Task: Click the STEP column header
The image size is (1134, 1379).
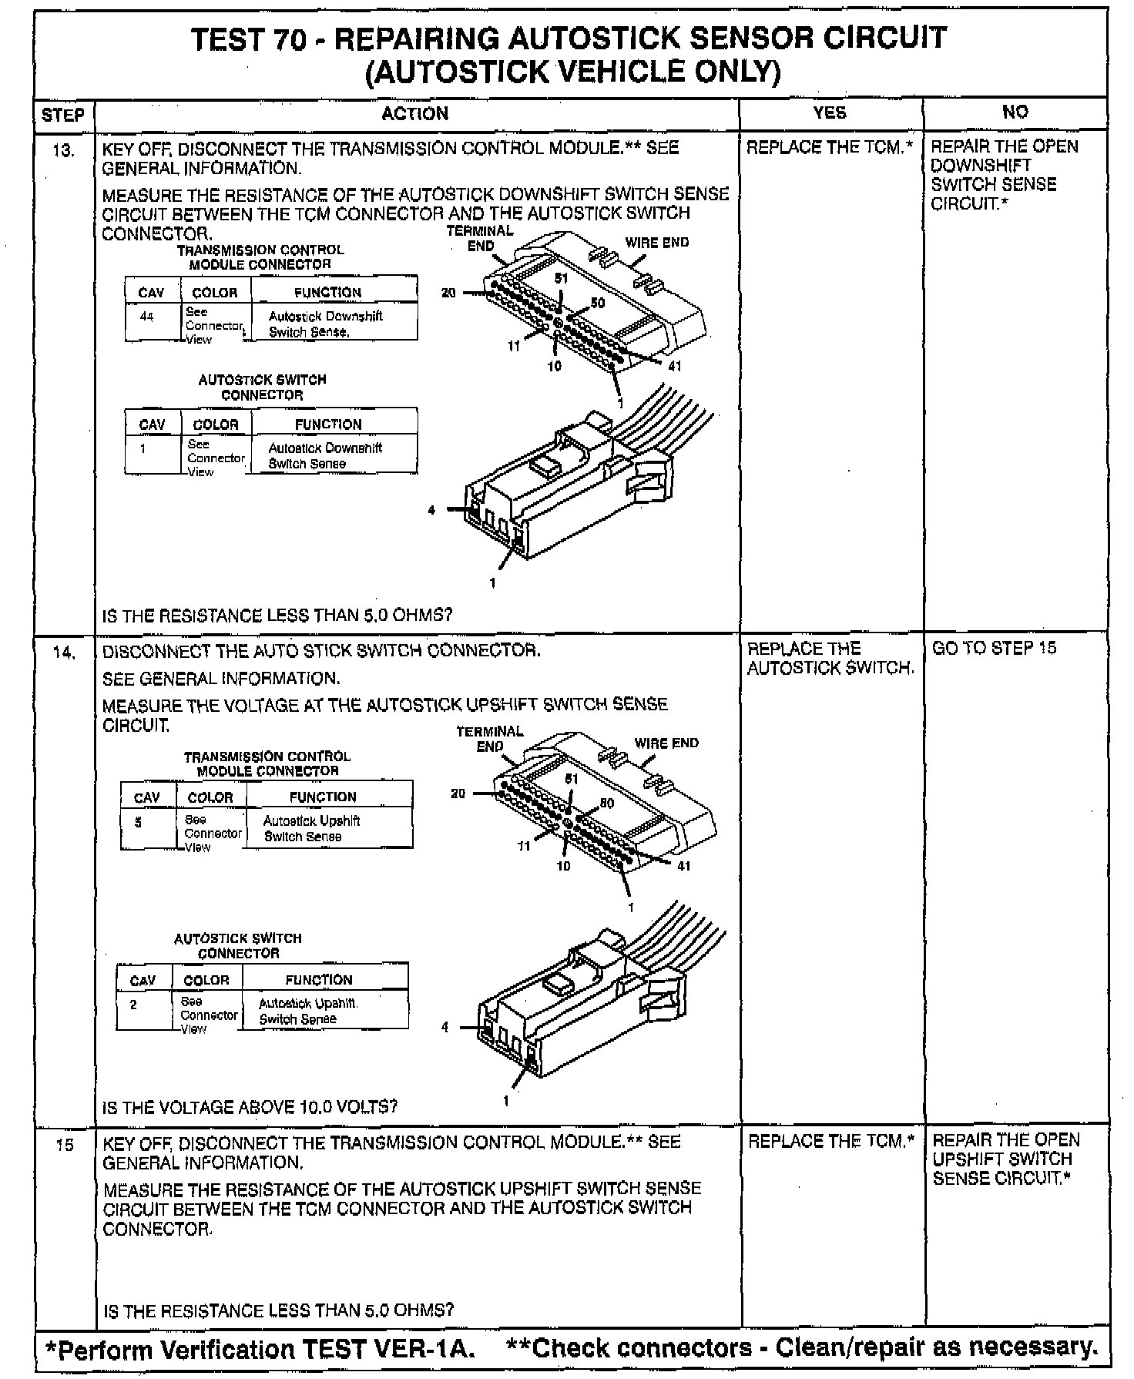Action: click(x=62, y=115)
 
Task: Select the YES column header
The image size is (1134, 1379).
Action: click(x=830, y=112)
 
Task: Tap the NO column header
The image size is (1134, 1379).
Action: click(x=1015, y=112)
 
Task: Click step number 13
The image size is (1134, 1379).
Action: click(x=64, y=150)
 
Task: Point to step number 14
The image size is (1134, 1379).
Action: click(x=64, y=653)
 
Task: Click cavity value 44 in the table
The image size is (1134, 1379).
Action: click(x=147, y=316)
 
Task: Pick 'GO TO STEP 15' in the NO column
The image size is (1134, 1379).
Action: click(x=995, y=648)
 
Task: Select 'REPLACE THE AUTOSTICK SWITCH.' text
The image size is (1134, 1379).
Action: click(x=830, y=659)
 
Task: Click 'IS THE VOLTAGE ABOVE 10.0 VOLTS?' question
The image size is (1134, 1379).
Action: click(x=250, y=1107)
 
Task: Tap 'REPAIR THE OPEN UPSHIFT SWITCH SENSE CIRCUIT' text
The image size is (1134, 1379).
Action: click(x=1005, y=1159)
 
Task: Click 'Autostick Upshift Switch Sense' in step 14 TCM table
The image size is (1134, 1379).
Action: click(x=311, y=828)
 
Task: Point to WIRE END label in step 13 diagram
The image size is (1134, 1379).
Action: click(x=656, y=243)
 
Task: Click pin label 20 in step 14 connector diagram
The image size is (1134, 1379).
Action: click(x=458, y=794)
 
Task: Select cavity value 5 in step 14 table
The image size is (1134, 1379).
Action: click(x=139, y=822)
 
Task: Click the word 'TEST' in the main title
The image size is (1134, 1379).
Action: click(x=226, y=39)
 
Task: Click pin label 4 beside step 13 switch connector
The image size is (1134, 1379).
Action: click(x=431, y=510)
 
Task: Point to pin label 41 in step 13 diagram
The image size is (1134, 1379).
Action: click(x=674, y=367)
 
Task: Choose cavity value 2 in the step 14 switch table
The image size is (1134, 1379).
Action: click(x=133, y=1005)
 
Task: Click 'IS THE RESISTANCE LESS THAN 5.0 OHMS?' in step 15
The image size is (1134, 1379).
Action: click(x=278, y=1310)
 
